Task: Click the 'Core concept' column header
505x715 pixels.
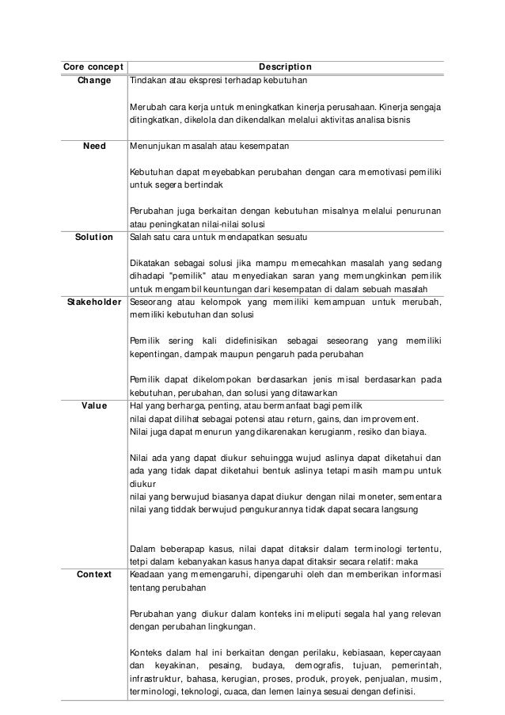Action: point(88,67)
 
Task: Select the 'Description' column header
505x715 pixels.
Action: point(285,67)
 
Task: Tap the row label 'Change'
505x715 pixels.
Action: point(94,81)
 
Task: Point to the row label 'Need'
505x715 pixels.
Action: point(94,146)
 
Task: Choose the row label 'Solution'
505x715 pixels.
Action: point(93,237)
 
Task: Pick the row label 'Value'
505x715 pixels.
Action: point(94,405)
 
